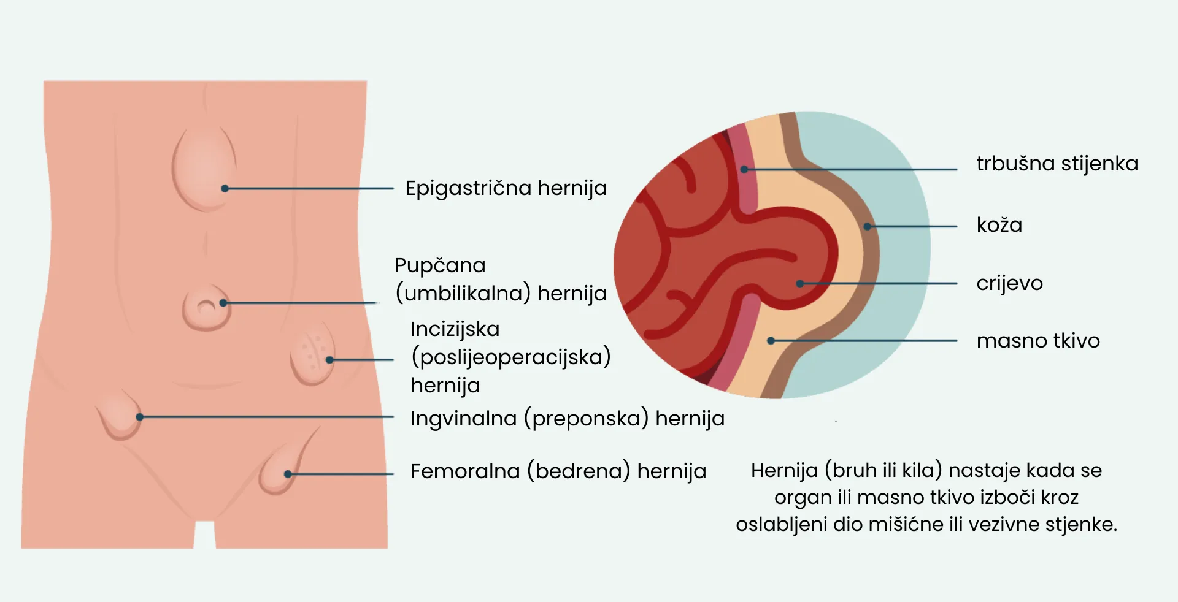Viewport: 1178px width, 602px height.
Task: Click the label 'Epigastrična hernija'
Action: tap(506, 188)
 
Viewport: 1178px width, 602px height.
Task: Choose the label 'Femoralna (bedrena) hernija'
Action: tap(558, 471)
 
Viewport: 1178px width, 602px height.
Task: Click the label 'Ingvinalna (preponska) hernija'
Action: tap(567, 419)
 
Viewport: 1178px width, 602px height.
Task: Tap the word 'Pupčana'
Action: tap(440, 266)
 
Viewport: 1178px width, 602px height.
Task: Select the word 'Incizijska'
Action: tap(455, 329)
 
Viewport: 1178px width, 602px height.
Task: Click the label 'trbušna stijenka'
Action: tap(1057, 164)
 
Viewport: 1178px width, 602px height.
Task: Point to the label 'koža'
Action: tap(999, 225)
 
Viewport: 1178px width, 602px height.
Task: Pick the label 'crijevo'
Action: tap(1009, 283)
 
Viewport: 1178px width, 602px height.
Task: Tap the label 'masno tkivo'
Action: tap(1037, 341)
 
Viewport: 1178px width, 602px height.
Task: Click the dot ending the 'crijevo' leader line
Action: tap(799, 284)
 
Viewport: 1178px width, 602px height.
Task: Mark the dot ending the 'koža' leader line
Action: tap(867, 227)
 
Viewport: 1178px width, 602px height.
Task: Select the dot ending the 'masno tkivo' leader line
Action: tap(771, 341)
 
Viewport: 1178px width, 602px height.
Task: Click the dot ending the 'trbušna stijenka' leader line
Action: tap(744, 169)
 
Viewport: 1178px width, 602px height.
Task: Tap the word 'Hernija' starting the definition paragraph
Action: tap(784, 471)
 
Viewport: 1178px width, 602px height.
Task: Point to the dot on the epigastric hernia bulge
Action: tap(225, 188)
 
